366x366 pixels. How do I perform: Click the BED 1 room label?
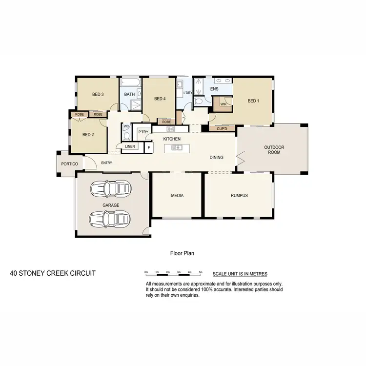(x=252, y=101)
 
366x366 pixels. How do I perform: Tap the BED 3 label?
(x=98, y=95)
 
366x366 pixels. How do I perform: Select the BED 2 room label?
(x=88, y=135)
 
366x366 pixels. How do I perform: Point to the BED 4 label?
(x=160, y=99)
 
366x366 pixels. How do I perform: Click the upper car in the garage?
(x=111, y=188)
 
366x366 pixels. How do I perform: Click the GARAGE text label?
(x=111, y=205)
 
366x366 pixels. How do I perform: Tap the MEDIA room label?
(x=177, y=196)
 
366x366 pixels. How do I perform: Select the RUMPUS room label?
(x=239, y=196)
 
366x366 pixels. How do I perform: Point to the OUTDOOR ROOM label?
(x=274, y=150)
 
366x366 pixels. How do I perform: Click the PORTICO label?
(x=69, y=164)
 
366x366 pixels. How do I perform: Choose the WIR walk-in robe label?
(x=223, y=104)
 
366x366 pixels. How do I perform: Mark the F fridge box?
(x=148, y=147)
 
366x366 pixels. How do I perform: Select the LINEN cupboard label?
(x=130, y=146)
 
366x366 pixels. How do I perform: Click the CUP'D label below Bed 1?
(x=222, y=129)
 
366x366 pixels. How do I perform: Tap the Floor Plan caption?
(x=182, y=253)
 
